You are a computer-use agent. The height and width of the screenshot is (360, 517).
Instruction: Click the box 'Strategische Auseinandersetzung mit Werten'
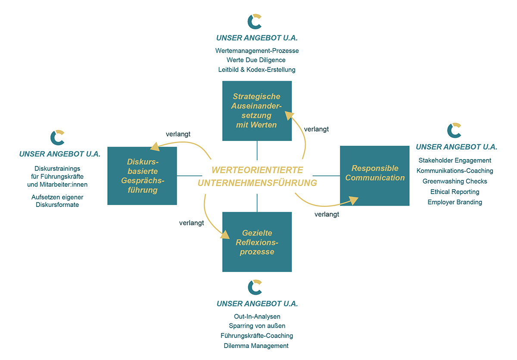(x=257, y=111)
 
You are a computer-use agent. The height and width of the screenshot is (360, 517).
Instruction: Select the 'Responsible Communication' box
(x=374, y=175)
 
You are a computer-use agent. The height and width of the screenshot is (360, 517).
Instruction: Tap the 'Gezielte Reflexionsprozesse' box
(x=257, y=242)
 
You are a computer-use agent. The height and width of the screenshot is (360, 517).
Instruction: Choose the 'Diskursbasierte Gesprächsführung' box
(x=142, y=176)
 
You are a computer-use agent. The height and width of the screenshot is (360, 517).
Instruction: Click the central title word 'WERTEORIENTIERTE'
(x=257, y=169)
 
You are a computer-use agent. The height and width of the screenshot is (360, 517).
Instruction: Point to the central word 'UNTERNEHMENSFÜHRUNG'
(x=257, y=183)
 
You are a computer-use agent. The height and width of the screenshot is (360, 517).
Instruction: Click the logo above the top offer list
(x=255, y=22)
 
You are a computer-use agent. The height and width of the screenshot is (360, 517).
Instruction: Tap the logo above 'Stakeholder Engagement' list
(x=455, y=131)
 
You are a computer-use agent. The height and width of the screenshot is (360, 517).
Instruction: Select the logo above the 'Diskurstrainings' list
(x=58, y=138)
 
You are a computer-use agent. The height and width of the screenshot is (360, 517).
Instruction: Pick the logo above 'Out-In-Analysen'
(x=255, y=287)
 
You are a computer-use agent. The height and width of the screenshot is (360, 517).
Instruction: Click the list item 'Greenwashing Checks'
(x=455, y=181)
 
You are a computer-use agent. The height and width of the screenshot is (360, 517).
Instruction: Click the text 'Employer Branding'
(x=455, y=202)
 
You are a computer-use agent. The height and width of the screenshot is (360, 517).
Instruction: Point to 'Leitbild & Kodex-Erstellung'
(x=257, y=69)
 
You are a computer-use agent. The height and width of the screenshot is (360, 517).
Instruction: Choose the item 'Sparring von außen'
(x=257, y=326)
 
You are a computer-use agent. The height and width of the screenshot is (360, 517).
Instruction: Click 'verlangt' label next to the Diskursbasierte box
(x=178, y=134)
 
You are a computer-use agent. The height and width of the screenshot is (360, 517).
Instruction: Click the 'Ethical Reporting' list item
(x=455, y=191)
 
